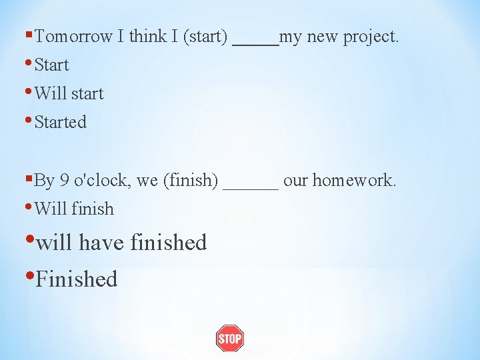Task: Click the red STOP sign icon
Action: click(x=229, y=339)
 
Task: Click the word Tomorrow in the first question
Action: click(x=73, y=37)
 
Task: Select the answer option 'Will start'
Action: click(x=69, y=93)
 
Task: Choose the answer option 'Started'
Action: click(x=60, y=123)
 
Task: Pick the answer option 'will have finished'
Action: click(x=121, y=243)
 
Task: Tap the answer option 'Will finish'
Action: click(x=74, y=209)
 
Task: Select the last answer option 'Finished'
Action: click(x=76, y=279)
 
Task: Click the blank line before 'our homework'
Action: click(x=251, y=185)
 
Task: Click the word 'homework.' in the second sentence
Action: click(x=356, y=181)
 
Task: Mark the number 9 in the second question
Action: click(x=65, y=181)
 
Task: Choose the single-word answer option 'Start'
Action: click(x=51, y=65)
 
